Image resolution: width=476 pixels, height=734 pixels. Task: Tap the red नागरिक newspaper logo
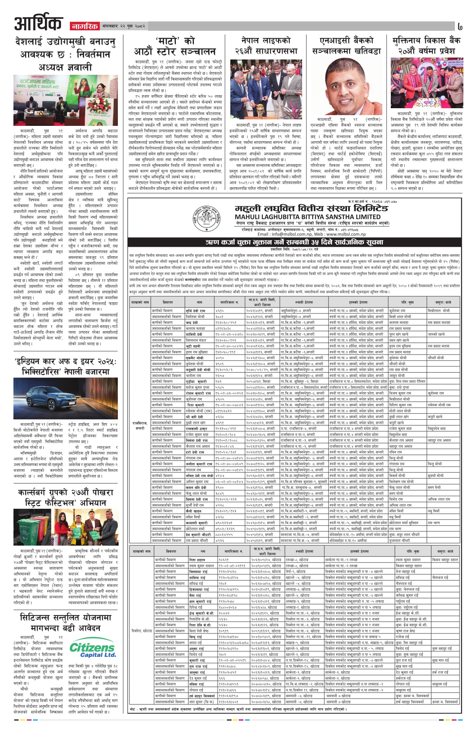[84, 26]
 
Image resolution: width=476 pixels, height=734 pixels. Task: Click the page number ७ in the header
[460, 27]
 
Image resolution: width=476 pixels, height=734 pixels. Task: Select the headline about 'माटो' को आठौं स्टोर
[175, 46]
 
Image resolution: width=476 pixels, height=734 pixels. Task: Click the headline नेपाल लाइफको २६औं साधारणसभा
[264, 46]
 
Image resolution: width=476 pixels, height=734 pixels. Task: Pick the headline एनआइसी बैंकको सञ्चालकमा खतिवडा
[346, 46]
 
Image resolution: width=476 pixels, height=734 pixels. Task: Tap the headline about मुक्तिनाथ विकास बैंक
[426, 46]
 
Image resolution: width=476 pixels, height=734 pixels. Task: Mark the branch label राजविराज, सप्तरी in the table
[139, 426]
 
